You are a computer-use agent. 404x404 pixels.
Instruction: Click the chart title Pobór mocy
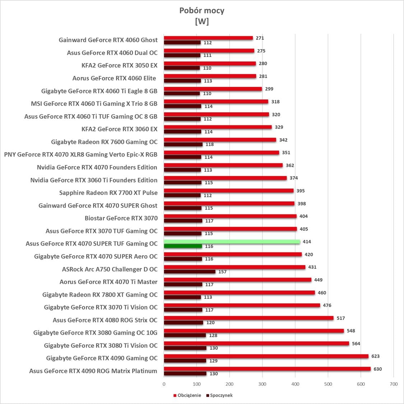pyautogui.click(x=202, y=10)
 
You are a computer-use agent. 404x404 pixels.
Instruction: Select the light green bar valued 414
pyautogui.click(x=232, y=242)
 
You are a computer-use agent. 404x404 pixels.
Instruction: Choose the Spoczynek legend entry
pyautogui.click(x=221, y=395)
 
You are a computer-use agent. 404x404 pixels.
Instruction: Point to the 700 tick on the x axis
pyautogui.click(x=393, y=384)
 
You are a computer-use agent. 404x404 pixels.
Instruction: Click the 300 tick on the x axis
pyautogui.click(x=262, y=384)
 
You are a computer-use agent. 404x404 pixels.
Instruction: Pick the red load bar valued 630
pyautogui.click(x=267, y=369)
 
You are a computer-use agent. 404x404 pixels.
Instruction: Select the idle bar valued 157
pyautogui.click(x=190, y=271)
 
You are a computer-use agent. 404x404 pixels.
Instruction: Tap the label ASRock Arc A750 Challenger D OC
pyautogui.click(x=110, y=269)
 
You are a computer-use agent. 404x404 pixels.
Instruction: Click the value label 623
pyautogui.click(x=375, y=356)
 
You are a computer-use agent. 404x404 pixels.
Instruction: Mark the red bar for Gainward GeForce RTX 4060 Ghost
pyautogui.click(x=208, y=38)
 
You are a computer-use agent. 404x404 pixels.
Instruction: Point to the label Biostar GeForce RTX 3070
pyautogui.click(x=121, y=218)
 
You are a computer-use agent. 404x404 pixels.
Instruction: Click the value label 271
pyautogui.click(x=260, y=38)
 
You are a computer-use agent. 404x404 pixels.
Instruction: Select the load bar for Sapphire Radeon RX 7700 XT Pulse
pyautogui.click(x=229, y=191)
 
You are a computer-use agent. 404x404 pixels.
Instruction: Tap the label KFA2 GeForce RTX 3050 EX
pyautogui.click(x=119, y=66)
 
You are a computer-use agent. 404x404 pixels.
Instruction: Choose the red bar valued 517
pyautogui.click(x=249, y=318)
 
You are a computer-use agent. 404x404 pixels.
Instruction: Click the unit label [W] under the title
pyautogui.click(x=202, y=22)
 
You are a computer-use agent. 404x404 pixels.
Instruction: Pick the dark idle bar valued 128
pyautogui.click(x=185, y=335)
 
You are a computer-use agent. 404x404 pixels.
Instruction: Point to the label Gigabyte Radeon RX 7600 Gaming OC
pyautogui.click(x=104, y=142)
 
